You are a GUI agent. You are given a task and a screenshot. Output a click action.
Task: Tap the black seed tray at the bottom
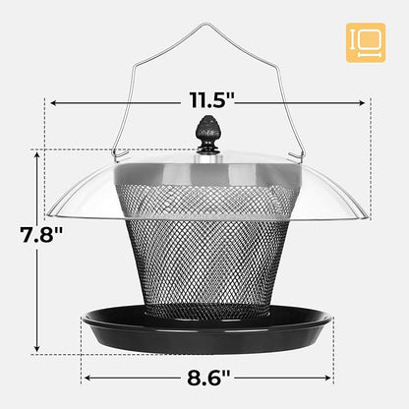(x=207, y=328)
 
